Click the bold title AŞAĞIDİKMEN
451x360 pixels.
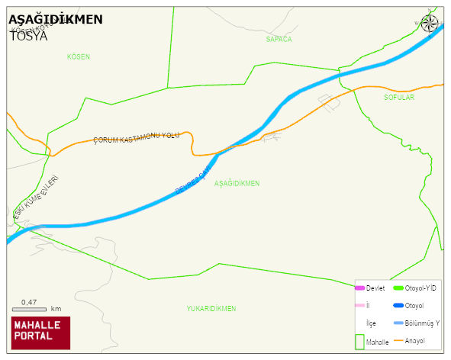(55, 20)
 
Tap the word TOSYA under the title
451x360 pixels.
(28, 35)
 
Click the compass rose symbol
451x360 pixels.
(430, 24)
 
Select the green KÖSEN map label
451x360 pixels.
(79, 57)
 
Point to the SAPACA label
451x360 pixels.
(279, 38)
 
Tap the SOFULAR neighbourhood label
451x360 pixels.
(398, 98)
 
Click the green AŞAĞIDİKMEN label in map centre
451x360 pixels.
(237, 183)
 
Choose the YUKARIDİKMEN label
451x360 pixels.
(211, 308)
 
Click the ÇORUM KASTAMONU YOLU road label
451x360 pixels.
(136, 138)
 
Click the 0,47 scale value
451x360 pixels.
(29, 302)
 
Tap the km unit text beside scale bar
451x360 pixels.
(56, 309)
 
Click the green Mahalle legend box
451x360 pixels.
(359, 342)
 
